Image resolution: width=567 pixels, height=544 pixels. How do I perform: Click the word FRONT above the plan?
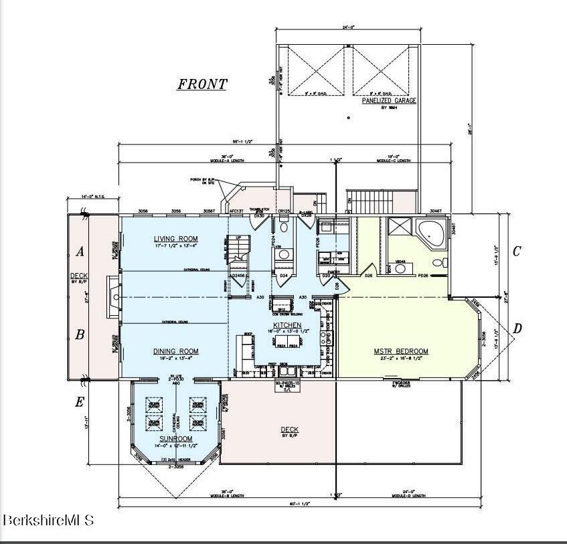click(x=201, y=84)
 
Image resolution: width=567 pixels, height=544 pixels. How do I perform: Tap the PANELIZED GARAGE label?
click(x=389, y=100)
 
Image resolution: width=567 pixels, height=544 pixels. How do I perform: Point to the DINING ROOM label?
click(x=175, y=351)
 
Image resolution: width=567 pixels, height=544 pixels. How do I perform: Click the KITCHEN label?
click(x=287, y=325)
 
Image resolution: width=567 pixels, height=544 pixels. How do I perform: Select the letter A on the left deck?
click(x=80, y=252)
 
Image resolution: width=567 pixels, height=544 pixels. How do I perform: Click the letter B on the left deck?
click(x=80, y=335)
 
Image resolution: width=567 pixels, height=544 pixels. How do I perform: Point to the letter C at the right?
click(x=516, y=252)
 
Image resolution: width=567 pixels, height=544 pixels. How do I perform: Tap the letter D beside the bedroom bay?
click(x=517, y=329)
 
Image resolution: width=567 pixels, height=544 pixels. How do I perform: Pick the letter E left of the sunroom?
click(x=80, y=402)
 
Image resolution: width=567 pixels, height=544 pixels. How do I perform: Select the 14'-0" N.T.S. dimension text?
click(x=92, y=197)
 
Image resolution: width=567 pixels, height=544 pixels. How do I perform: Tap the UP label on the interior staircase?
click(x=237, y=238)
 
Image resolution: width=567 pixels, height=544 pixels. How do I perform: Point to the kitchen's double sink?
click(x=290, y=369)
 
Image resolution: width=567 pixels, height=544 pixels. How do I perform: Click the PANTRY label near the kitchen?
click(x=333, y=272)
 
